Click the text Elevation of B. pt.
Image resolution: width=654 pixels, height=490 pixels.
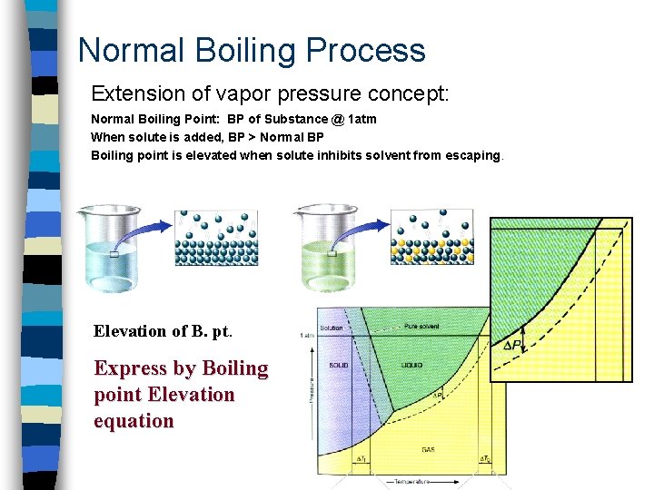pos(163,331)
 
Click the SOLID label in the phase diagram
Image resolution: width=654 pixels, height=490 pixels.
pos(337,366)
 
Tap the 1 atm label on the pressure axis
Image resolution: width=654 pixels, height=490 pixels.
pos(307,335)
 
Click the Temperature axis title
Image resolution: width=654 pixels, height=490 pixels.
pos(414,482)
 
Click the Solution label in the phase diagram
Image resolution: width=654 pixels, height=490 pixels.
pos(332,328)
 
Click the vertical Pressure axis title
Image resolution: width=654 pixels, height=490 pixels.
pos(311,390)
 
